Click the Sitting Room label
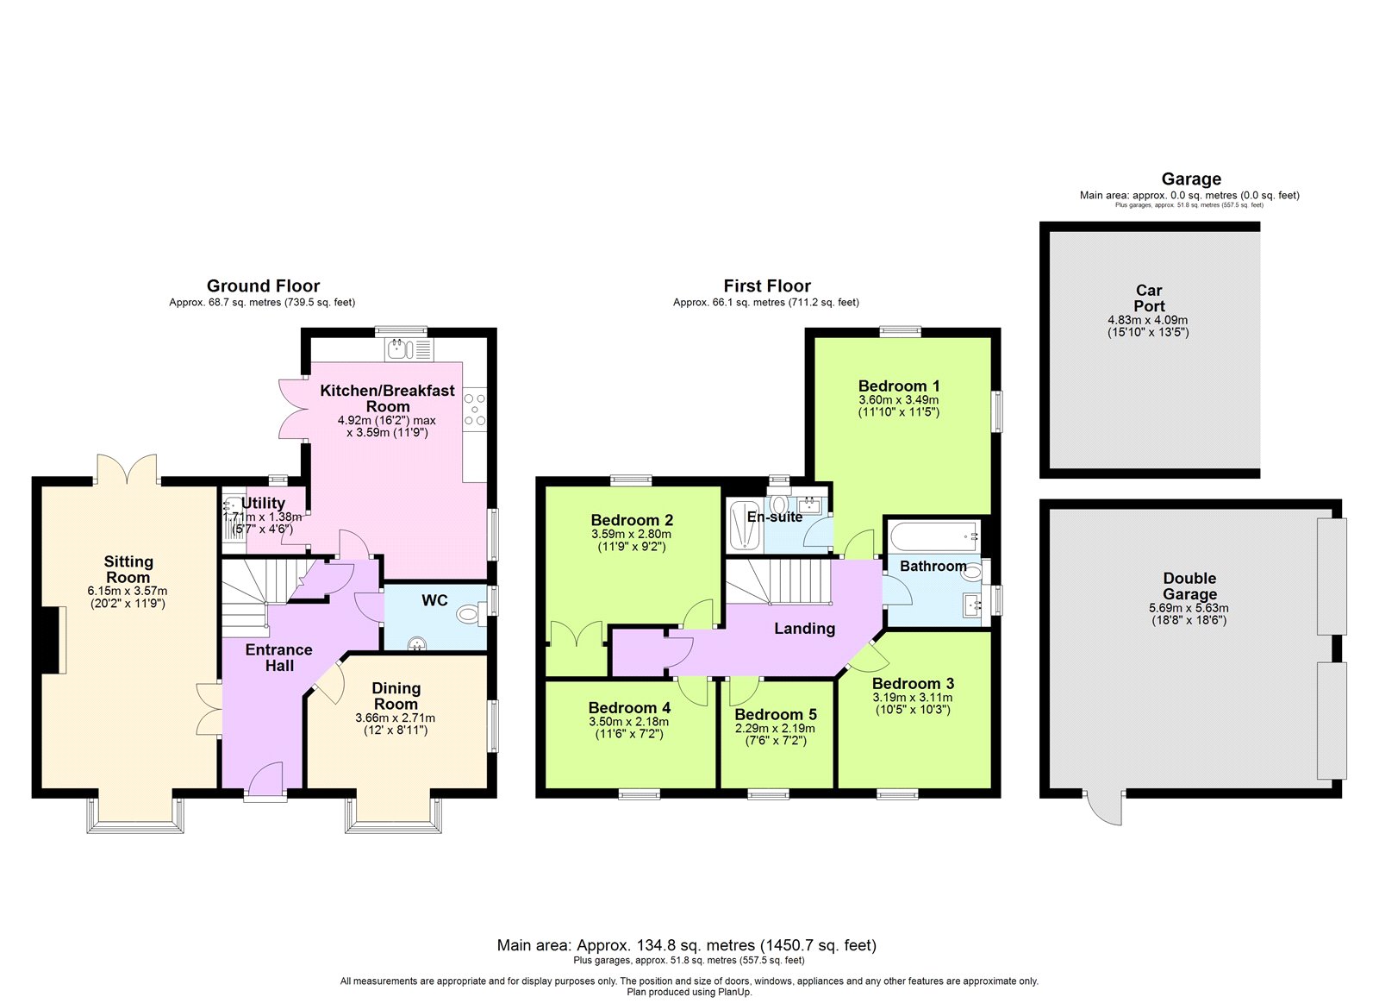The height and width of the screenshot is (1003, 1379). click(x=128, y=569)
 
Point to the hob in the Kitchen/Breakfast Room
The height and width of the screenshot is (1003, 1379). click(x=475, y=409)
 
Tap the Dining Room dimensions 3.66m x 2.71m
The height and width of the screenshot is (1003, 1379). click(x=396, y=718)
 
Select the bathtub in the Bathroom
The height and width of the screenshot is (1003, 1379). click(x=933, y=536)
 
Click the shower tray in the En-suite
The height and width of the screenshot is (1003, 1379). click(x=745, y=524)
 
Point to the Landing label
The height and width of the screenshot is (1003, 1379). click(x=805, y=629)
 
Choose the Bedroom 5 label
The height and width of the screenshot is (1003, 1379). click(x=776, y=715)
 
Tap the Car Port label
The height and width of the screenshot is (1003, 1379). click(x=1149, y=298)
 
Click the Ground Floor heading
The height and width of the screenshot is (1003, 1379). click(x=263, y=285)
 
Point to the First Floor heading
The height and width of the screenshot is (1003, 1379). click(x=767, y=285)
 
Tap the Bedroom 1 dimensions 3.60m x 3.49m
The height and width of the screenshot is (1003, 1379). click(x=899, y=400)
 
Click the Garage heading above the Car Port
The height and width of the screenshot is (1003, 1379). click(x=1191, y=179)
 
